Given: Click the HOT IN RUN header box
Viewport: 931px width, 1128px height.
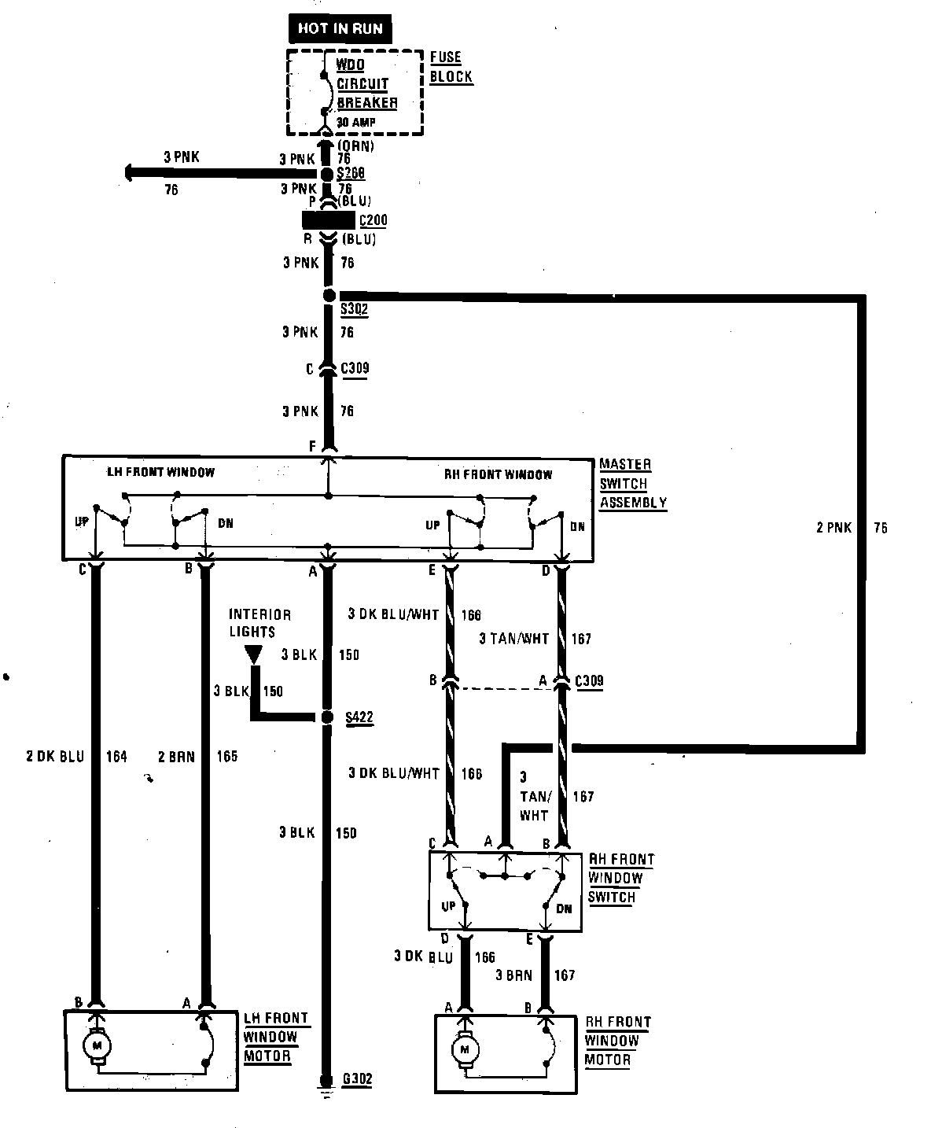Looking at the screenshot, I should click(340, 29).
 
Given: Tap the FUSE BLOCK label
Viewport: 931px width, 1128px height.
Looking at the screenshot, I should click(451, 67).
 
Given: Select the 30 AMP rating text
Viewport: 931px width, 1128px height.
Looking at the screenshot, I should click(356, 122).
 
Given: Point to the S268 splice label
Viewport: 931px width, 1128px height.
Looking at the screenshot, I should click(351, 173).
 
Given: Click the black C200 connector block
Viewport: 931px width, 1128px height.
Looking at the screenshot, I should click(328, 220).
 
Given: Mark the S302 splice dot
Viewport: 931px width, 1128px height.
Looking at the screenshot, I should click(329, 295).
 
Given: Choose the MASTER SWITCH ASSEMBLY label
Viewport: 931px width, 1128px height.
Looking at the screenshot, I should click(633, 484).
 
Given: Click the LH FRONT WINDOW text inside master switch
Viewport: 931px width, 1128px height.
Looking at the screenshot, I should click(160, 472).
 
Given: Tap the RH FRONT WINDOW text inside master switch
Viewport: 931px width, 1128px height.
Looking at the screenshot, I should click(499, 474).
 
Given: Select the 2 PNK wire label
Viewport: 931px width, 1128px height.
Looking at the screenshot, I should click(833, 528).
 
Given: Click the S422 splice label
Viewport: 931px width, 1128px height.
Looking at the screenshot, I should click(359, 717).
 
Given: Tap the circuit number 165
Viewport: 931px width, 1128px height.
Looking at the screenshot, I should click(226, 757).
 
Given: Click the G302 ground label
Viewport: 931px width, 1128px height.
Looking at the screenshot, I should click(357, 1080).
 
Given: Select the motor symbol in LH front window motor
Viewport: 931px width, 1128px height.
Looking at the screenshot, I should click(98, 1045).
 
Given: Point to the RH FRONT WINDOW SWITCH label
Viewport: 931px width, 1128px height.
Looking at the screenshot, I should click(620, 879).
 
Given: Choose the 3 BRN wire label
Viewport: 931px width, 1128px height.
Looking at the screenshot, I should click(513, 975).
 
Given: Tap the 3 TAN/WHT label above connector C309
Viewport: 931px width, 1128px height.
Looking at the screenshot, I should click(513, 639).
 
